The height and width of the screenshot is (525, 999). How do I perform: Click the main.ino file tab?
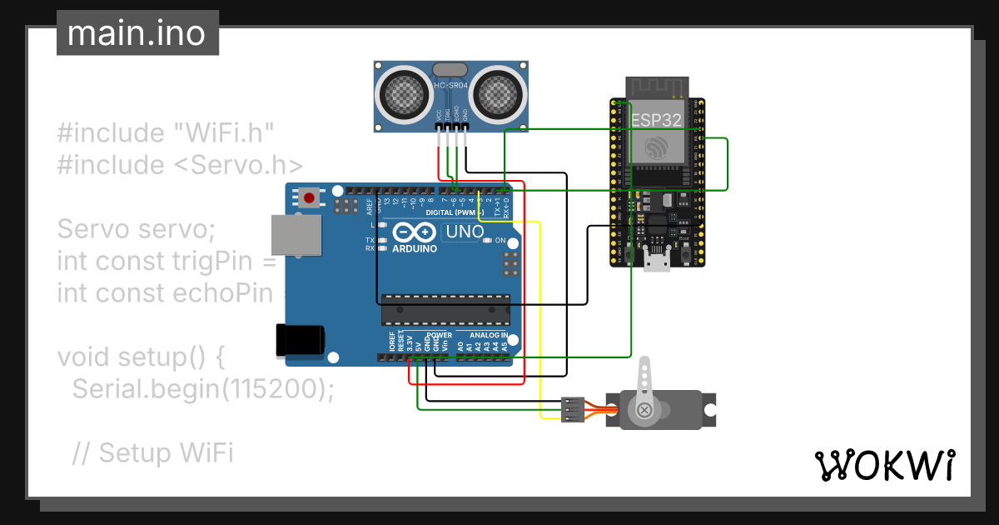pyautogui.click(x=137, y=33)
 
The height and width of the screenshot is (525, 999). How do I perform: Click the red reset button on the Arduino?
pyautogui.click(x=310, y=198)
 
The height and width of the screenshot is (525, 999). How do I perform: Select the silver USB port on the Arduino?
pyautogui.click(x=297, y=235)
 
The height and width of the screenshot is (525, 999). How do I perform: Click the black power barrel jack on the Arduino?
pyautogui.click(x=300, y=340)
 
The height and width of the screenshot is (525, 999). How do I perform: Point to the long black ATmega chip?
pyautogui.click(x=445, y=309)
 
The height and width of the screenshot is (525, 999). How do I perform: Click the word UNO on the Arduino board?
pyautogui.click(x=465, y=232)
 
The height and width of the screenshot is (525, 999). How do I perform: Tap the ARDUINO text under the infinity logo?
pyautogui.click(x=414, y=248)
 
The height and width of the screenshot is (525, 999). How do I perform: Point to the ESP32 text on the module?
pyautogui.click(x=657, y=120)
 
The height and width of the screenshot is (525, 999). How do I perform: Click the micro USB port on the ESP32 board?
pyautogui.click(x=658, y=262)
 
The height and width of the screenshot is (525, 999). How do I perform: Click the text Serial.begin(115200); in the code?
pyautogui.click(x=203, y=389)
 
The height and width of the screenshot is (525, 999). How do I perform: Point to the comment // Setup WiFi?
pyautogui.click(x=153, y=452)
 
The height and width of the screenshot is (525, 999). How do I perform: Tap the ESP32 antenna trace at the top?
pyautogui.click(x=657, y=87)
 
